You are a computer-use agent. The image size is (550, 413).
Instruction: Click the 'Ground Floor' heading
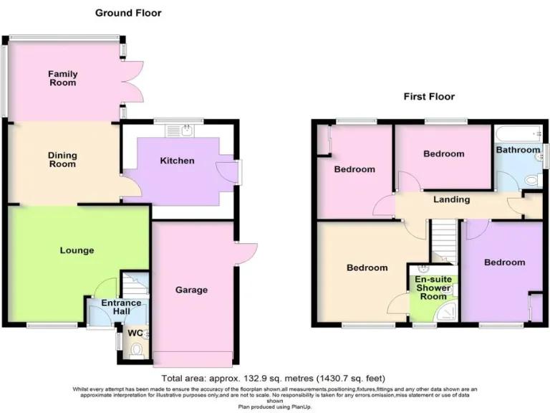coord(129,13)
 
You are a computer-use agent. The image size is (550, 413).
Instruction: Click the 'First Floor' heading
coord(429,96)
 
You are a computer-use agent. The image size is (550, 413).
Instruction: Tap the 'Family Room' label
coord(62,78)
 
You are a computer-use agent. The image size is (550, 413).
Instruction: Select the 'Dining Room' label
coord(62,159)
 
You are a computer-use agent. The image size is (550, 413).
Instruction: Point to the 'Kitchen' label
coord(177,161)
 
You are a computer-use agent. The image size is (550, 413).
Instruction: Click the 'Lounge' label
coord(77,250)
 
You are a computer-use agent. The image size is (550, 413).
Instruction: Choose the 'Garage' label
coord(191,290)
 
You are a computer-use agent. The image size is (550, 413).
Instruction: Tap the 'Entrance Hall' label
coord(121,307)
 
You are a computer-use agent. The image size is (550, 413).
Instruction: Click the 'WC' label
coord(135,333)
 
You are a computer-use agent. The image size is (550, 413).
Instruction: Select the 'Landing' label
coord(451,199)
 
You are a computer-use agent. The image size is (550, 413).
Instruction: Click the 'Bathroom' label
coord(518,150)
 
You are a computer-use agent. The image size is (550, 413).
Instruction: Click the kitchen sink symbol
coord(185,130)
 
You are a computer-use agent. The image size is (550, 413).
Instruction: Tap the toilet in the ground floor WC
coord(137,349)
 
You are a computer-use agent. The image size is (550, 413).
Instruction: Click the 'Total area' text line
coord(275,378)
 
